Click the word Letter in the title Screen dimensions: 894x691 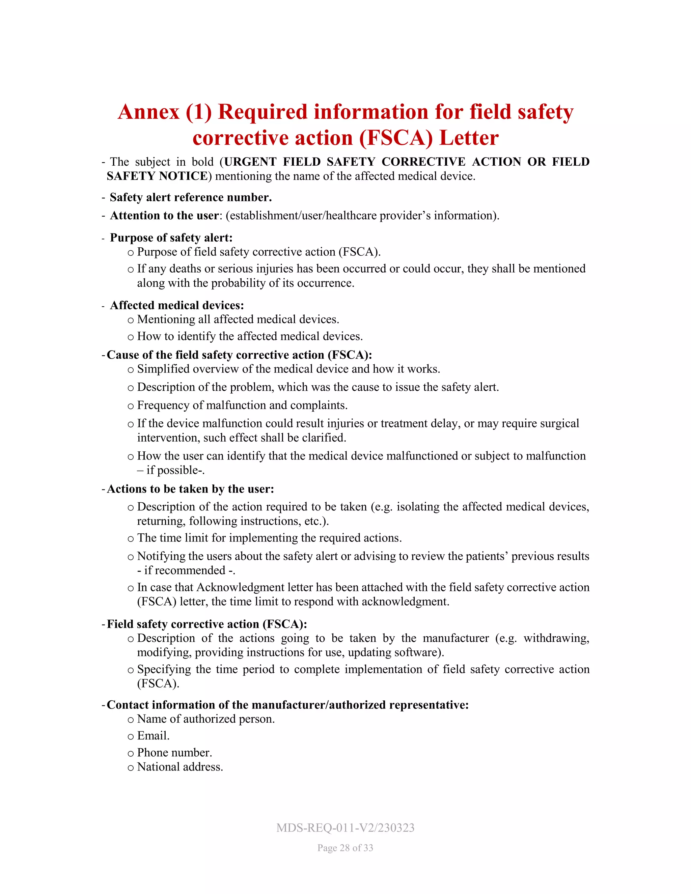(x=469, y=138)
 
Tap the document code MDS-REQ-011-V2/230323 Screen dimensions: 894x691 (x=345, y=828)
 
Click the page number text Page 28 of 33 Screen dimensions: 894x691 (x=345, y=848)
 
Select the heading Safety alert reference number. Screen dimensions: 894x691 (x=191, y=197)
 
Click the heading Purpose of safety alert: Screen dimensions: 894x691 (x=171, y=238)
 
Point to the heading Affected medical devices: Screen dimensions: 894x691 (x=177, y=305)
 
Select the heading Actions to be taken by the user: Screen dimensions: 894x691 (x=190, y=489)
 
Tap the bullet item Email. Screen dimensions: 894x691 (x=153, y=735)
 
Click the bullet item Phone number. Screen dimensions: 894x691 (x=174, y=752)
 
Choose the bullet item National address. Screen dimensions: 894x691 (x=180, y=767)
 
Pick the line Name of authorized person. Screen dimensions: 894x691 (x=206, y=719)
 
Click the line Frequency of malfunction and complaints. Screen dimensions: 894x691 (x=242, y=405)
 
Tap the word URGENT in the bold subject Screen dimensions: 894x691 (x=250, y=162)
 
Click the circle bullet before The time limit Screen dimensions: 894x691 (x=131, y=539)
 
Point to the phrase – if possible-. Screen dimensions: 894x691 (x=171, y=470)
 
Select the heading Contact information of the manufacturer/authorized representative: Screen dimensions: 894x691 (x=287, y=705)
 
